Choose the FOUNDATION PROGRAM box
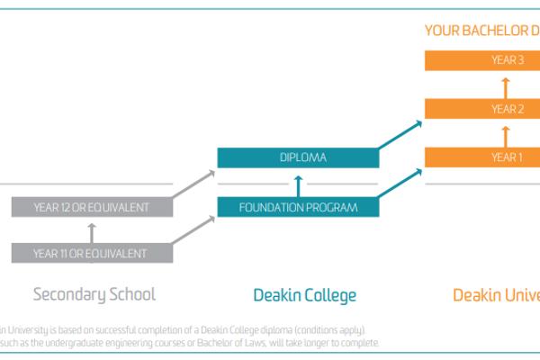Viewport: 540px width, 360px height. click(x=298, y=207)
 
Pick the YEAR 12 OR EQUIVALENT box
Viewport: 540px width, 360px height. click(x=90, y=207)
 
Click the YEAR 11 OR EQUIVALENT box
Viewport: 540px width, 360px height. click(x=90, y=253)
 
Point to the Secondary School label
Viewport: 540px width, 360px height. click(x=94, y=294)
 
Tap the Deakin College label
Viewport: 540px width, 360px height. click(x=304, y=294)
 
